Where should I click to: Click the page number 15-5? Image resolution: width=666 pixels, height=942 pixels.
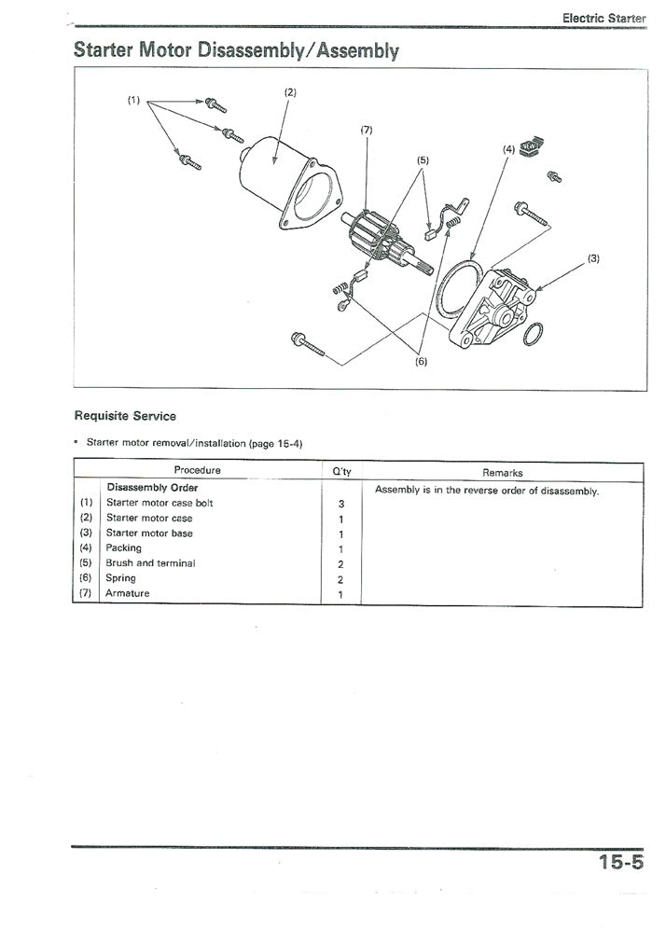tap(621, 863)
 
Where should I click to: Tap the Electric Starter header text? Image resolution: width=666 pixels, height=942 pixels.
tap(604, 18)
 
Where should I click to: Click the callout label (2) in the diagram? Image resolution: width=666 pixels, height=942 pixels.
tap(289, 91)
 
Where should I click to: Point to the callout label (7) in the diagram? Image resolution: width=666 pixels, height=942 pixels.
tap(367, 130)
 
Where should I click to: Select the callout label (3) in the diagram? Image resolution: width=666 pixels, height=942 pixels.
tap(594, 256)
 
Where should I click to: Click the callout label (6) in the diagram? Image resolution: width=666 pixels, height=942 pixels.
tap(420, 362)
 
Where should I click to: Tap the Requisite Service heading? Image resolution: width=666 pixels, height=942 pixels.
tap(125, 415)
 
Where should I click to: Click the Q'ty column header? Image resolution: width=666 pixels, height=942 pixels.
tap(341, 472)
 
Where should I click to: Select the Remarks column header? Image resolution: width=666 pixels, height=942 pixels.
tap(503, 473)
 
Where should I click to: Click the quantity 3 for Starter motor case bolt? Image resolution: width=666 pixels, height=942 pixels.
tap(341, 504)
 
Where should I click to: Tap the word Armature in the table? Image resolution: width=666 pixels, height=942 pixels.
tap(128, 593)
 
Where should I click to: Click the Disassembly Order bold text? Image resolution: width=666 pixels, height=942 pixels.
tap(152, 487)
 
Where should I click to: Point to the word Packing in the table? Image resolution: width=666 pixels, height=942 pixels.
tap(124, 548)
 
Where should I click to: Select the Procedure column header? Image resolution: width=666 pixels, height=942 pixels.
tap(197, 470)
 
